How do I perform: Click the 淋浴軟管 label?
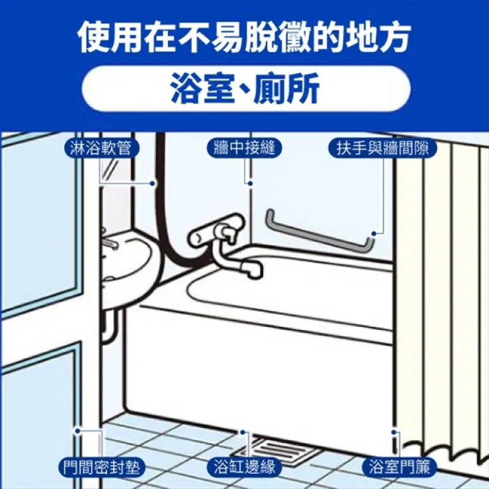(x=101, y=148)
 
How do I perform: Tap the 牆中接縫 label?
(x=244, y=148)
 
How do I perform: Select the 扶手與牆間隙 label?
(x=383, y=148)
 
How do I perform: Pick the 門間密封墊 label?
(x=101, y=467)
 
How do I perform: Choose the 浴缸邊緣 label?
(x=244, y=467)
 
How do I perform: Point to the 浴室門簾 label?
(x=400, y=467)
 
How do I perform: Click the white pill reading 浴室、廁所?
(x=246, y=88)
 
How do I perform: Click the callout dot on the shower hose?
(x=152, y=183)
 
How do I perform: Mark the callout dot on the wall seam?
(x=250, y=183)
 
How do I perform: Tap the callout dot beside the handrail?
(x=373, y=233)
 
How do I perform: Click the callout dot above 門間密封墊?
(x=78, y=432)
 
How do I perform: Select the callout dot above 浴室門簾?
(x=394, y=432)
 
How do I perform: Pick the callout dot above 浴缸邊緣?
(x=243, y=432)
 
